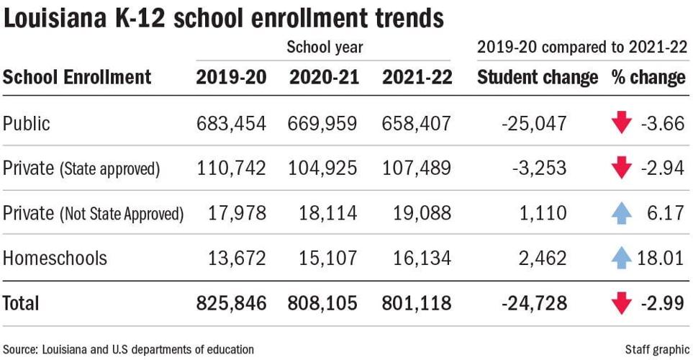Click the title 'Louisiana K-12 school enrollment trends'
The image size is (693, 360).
(223, 19)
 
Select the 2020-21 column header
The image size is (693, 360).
(323, 78)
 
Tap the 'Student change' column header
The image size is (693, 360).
(538, 78)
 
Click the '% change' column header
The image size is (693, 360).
(648, 78)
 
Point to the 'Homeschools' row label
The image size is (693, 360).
(55, 258)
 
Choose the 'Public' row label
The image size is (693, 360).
(27, 124)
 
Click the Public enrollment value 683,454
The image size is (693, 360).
(231, 124)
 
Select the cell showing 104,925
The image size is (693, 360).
(323, 168)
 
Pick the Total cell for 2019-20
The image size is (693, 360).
(231, 303)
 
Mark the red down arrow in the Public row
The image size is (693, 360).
(621, 124)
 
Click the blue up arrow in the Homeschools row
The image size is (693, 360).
(621, 257)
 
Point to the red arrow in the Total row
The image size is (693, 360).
(621, 303)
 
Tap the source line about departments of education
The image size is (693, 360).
(128, 349)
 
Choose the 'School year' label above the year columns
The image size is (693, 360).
(325, 48)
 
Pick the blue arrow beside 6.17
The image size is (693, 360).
(621, 212)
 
